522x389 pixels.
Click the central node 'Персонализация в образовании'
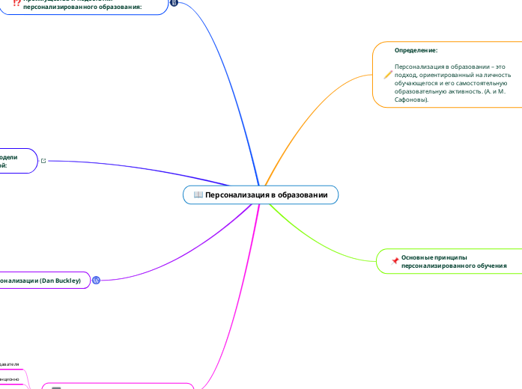tap(261, 194)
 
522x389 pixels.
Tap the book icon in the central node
tap(198, 194)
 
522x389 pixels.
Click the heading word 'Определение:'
tap(416, 50)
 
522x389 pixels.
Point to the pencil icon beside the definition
tap(388, 73)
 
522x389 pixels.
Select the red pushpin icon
tap(395, 260)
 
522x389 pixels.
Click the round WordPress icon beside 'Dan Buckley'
tap(96, 280)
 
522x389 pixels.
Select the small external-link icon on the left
tap(43, 161)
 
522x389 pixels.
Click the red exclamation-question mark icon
tap(16, 3)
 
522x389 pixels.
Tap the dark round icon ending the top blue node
tap(174, 3)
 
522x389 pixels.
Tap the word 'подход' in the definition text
tap(405, 75)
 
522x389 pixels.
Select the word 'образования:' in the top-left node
tap(120, 7)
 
